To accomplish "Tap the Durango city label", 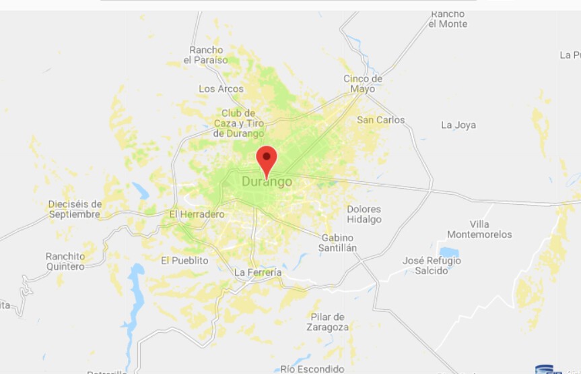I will tap(267, 182).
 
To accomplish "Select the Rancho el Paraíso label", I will tap(206, 55).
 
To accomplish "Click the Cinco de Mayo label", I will tap(363, 84).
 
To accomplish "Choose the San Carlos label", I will tap(381, 120).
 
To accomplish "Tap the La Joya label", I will tap(458, 125).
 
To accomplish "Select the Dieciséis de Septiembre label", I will tap(75, 209).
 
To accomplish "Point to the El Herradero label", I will tap(197, 214).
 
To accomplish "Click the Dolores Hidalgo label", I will tap(364, 214).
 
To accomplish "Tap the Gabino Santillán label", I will tap(339, 243).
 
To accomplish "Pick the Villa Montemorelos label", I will tap(480, 229).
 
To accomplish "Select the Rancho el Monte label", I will tap(448, 19).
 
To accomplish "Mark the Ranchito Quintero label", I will tap(65, 261).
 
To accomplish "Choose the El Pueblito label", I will tap(184, 260).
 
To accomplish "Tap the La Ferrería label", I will tap(257, 272).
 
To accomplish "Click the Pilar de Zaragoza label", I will tap(329, 322).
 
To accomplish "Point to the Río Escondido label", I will tap(312, 369).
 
